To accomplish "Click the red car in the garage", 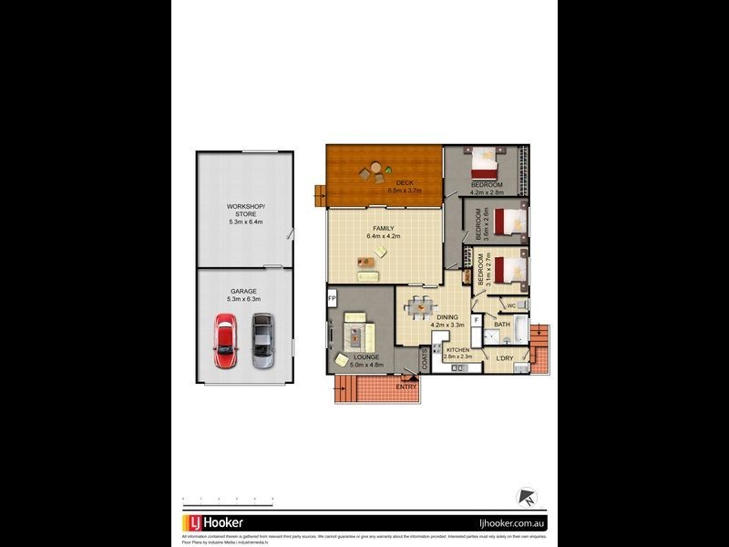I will tap(224, 341).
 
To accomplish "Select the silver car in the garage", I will tap(262, 340).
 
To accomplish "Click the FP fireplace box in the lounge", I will tap(333, 298).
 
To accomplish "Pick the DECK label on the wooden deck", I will tap(392, 183).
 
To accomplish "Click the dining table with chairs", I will tap(420, 307).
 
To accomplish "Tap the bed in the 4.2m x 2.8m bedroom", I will tap(483, 164).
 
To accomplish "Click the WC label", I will tap(512, 305).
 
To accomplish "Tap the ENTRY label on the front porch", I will tap(406, 387).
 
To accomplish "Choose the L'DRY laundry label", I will tap(506, 357).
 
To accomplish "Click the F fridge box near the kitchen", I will tap(476, 321).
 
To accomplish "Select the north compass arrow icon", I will tap(526, 498).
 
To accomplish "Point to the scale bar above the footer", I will tap(228, 499).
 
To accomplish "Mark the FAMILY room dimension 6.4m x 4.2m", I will tap(385, 236).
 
